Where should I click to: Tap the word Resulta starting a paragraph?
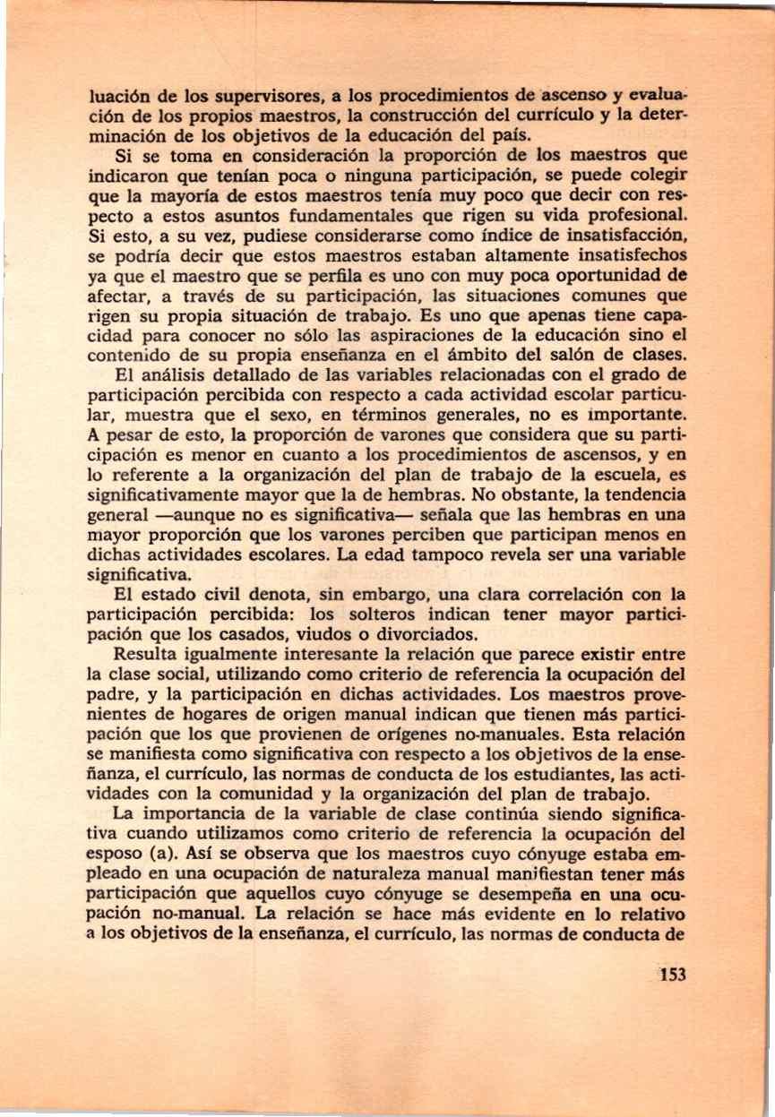pos(151,655)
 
